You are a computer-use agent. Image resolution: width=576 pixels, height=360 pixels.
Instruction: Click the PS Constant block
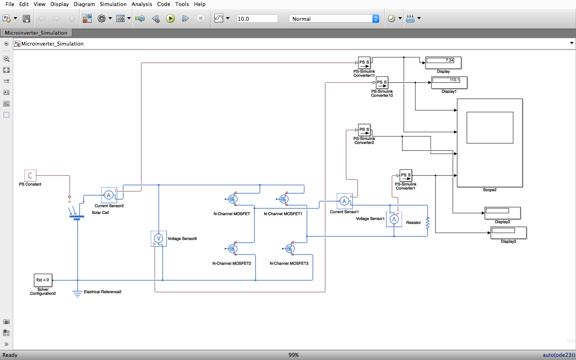pos(30,176)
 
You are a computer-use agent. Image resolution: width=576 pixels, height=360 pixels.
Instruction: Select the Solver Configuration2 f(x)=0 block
pos(43,280)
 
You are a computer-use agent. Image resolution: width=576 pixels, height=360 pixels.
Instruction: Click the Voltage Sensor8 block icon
pos(159,239)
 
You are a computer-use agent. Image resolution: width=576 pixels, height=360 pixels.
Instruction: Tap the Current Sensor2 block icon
pos(109,195)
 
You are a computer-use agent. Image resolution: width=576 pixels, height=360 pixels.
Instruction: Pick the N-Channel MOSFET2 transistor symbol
pos(232,249)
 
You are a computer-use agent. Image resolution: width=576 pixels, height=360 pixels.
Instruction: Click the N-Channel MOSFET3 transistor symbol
pos(290,249)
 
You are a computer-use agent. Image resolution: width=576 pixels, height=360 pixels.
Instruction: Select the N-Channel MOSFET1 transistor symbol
pos(284,199)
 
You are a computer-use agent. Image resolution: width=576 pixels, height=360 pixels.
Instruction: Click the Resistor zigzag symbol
pos(428,223)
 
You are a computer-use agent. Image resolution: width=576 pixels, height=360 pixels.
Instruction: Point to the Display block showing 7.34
pos(443,62)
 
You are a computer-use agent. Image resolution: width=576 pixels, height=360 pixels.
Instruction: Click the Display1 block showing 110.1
pos(449,82)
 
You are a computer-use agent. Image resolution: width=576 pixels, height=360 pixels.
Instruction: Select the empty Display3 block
pos(508,233)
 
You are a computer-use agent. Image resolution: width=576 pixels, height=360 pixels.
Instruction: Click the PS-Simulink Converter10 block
pos(382,82)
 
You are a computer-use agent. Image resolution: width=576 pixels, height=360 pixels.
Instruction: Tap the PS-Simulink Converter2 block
pos(364,130)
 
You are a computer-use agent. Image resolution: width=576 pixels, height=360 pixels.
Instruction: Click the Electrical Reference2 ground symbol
pos(77,294)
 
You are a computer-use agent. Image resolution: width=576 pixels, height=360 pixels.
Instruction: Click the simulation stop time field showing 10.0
pos(257,19)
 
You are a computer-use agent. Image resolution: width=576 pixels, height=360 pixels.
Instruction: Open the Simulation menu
pos(113,4)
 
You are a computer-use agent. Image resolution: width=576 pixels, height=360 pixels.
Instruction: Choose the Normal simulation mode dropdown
pos(334,19)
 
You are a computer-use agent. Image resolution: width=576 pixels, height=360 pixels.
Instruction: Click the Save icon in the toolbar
pos(26,19)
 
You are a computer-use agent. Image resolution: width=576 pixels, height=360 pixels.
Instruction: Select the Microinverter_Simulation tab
pos(36,33)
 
